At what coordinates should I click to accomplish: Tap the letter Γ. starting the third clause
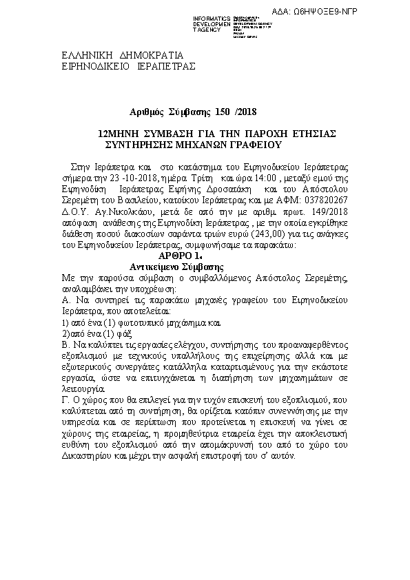pos(65,400)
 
